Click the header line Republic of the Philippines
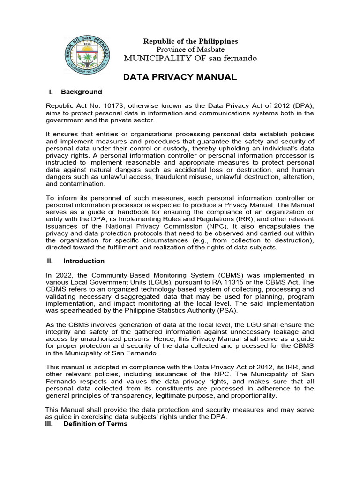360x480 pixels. click(x=190, y=41)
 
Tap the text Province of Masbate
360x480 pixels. click(x=190, y=49)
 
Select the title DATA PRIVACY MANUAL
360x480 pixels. click(x=180, y=77)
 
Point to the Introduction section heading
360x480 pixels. click(x=84, y=261)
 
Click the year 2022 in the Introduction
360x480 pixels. click(x=61, y=275)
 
